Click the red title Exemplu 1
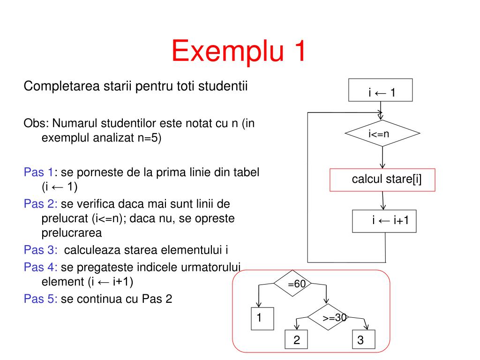239,51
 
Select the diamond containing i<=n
382,134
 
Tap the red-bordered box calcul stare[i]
382,180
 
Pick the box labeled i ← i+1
384,221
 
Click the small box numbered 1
259,318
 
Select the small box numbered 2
297,340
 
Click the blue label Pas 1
38,172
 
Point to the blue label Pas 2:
40,204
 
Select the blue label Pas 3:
40,249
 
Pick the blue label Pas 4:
40,267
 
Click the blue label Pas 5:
40,299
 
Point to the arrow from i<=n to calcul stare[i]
383,157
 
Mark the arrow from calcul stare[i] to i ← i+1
383,200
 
